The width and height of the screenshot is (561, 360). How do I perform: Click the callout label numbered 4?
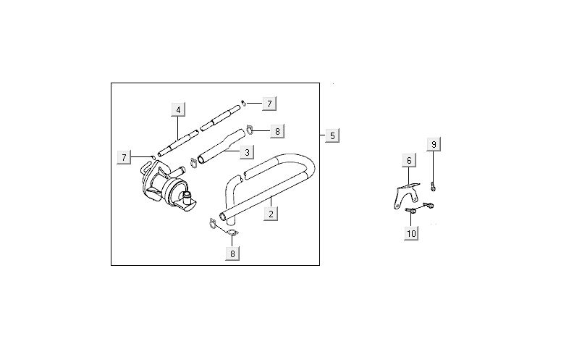(178, 109)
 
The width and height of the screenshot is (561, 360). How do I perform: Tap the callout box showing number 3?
(247, 152)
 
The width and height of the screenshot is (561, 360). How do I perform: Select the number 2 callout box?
(271, 214)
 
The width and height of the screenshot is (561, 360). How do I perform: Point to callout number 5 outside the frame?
(332, 136)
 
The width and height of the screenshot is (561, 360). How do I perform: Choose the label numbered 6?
(409, 161)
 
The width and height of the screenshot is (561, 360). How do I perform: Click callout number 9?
(434, 145)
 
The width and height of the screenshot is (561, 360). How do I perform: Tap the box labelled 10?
(411, 234)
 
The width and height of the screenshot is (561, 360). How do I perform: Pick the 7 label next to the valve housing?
(124, 157)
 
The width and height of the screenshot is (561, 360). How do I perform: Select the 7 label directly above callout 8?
(269, 104)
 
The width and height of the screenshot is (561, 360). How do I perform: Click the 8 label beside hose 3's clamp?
(277, 131)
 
